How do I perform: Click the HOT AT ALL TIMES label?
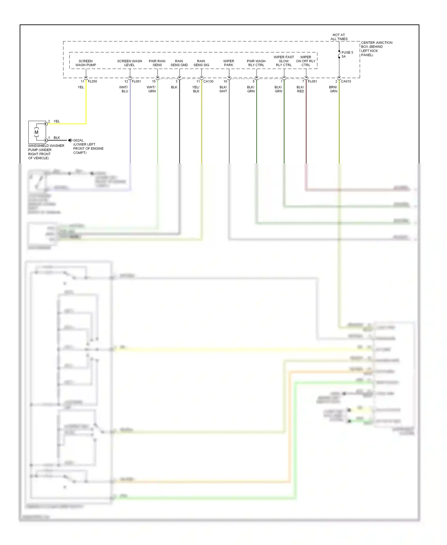tap(339, 37)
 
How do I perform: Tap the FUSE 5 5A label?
tap(347, 54)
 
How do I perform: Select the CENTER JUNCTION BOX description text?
tap(376, 49)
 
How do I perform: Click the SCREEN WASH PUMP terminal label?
tap(86, 63)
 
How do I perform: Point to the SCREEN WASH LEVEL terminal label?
tap(130, 63)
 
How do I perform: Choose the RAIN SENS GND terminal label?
tap(179, 63)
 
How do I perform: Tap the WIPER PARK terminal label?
tap(229, 63)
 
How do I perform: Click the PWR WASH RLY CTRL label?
tap(256, 63)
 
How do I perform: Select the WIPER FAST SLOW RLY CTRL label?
tap(284, 61)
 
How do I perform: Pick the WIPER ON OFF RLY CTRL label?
tap(306, 61)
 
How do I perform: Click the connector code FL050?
tap(92, 81)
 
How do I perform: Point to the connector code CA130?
tap(208, 81)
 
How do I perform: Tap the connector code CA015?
tap(346, 81)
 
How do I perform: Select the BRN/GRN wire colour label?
tap(333, 89)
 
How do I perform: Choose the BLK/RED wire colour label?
tap(300, 89)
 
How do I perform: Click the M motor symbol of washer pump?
tap(36, 132)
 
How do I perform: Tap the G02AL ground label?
tap(78, 140)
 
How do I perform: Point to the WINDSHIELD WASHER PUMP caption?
tap(46, 152)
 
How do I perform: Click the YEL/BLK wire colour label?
tap(196, 89)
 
